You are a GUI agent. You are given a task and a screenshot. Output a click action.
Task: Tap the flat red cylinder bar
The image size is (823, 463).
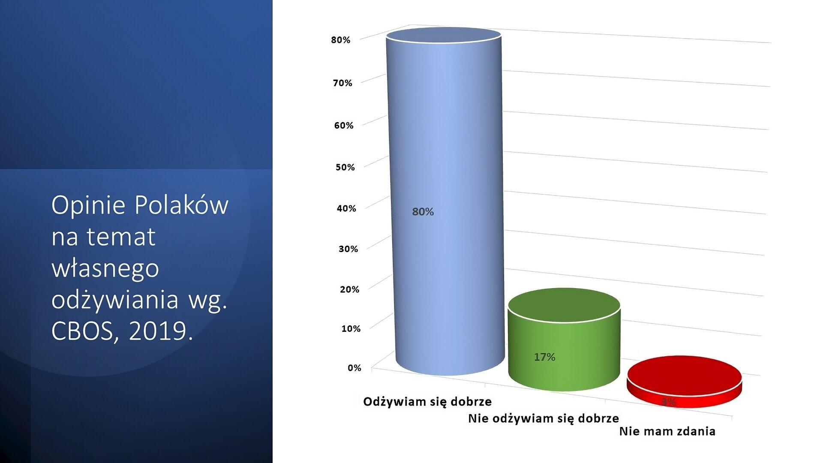(x=684, y=382)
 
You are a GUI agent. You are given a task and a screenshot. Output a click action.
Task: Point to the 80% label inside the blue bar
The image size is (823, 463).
(x=423, y=212)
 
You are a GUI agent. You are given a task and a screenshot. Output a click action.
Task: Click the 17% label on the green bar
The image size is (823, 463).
(x=544, y=357)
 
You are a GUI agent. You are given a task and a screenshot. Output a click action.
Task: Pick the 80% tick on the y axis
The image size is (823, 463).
(x=341, y=40)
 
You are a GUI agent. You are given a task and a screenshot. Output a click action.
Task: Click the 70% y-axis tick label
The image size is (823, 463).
(x=342, y=83)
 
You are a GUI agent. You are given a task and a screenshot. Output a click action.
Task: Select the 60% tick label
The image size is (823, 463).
(x=344, y=126)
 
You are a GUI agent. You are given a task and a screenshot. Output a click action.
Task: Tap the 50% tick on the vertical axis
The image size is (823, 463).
(x=345, y=167)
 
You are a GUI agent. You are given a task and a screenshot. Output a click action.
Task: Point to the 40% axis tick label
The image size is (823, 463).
(x=346, y=209)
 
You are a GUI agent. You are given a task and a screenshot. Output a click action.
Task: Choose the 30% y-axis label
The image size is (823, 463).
(x=348, y=249)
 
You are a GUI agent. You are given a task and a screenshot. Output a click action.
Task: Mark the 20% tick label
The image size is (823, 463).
(x=349, y=289)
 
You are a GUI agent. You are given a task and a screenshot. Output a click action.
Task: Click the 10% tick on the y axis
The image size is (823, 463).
(x=351, y=329)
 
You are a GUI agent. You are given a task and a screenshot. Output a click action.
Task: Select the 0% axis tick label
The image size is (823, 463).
(x=354, y=368)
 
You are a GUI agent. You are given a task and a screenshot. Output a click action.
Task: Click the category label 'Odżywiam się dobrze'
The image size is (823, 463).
(x=427, y=402)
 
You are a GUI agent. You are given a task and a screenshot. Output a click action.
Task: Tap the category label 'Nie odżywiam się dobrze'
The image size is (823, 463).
(x=544, y=418)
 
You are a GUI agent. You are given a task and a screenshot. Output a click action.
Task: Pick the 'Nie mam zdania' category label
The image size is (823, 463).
(x=667, y=431)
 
